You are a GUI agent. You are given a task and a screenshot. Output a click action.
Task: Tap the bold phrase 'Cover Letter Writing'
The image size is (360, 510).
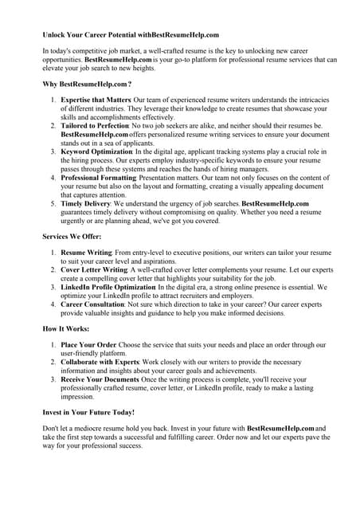93,269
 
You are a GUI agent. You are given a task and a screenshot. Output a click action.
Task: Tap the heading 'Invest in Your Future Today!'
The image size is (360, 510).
88,413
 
